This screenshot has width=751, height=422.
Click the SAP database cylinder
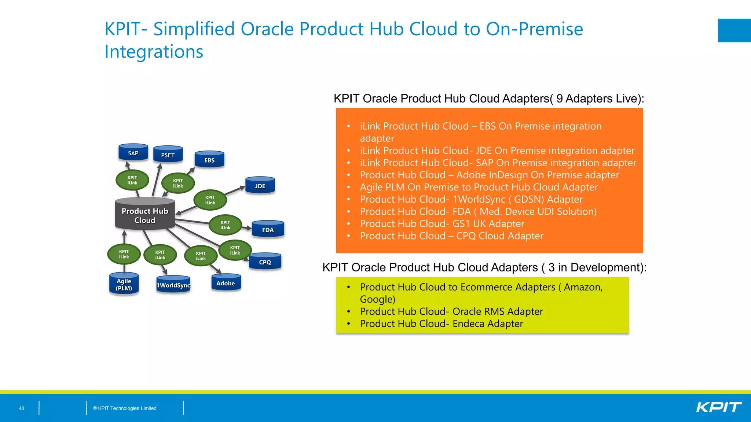coord(133,153)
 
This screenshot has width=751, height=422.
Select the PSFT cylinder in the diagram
coord(168,155)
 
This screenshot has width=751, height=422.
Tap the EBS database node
coord(209,160)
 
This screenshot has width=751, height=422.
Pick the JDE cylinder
coord(260,186)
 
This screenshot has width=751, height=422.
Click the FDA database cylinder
coord(268,229)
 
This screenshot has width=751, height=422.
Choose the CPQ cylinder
coord(265,262)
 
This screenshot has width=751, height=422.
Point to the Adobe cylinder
coord(226,283)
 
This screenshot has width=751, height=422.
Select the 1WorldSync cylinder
coord(173,285)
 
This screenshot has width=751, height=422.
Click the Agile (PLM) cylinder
coord(124,284)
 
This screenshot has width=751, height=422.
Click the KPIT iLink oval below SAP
coord(132,180)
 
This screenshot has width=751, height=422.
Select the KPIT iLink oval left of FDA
coord(225,225)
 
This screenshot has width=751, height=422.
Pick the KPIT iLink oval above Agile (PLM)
coord(124,254)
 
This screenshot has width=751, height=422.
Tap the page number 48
coord(21,408)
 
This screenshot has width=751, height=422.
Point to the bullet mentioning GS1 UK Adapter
coord(442,223)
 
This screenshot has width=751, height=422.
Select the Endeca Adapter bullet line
coord(441,323)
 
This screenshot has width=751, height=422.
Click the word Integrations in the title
coord(154,52)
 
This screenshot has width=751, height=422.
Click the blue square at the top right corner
coord(734,30)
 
